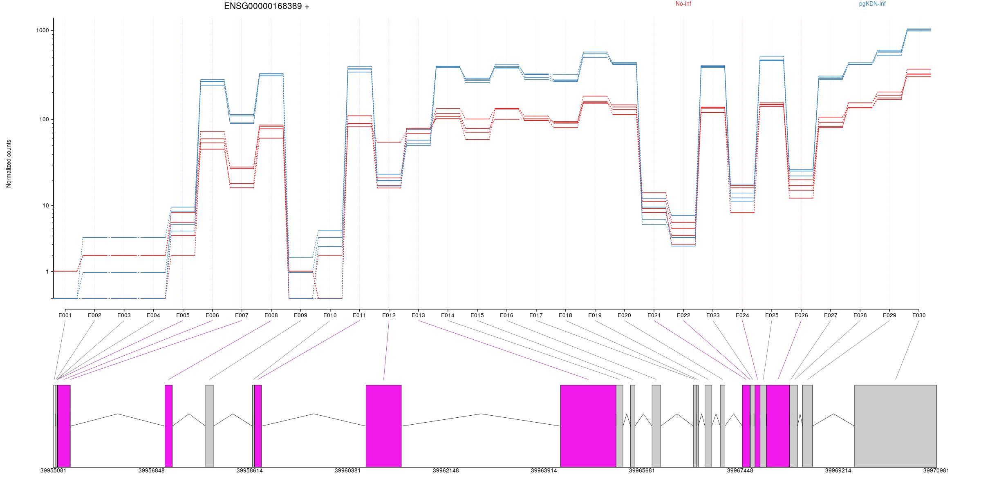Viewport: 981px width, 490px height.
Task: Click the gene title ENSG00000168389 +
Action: click(x=267, y=6)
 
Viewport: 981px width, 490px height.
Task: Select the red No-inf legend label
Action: click(x=683, y=4)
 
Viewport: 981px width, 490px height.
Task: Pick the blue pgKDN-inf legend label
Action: click(x=872, y=4)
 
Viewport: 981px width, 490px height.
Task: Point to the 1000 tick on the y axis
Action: click(x=43, y=30)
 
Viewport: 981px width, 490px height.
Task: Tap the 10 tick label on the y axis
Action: click(x=45, y=205)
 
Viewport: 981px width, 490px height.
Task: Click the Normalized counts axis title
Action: click(x=9, y=164)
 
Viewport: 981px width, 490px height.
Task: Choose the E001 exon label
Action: click(x=65, y=315)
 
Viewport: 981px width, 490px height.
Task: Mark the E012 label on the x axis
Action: click(x=389, y=315)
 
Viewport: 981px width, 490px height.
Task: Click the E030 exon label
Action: click(x=918, y=315)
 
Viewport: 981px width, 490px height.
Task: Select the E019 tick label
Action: click(x=595, y=315)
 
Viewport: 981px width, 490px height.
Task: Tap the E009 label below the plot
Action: click(x=300, y=315)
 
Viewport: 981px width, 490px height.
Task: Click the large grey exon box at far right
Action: click(x=895, y=425)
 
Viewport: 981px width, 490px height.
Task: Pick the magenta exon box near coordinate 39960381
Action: click(x=383, y=425)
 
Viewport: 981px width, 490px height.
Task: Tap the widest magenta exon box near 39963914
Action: click(x=588, y=425)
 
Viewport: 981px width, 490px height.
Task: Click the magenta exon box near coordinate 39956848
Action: click(x=168, y=425)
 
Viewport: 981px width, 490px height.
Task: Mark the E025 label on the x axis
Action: click(x=771, y=315)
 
